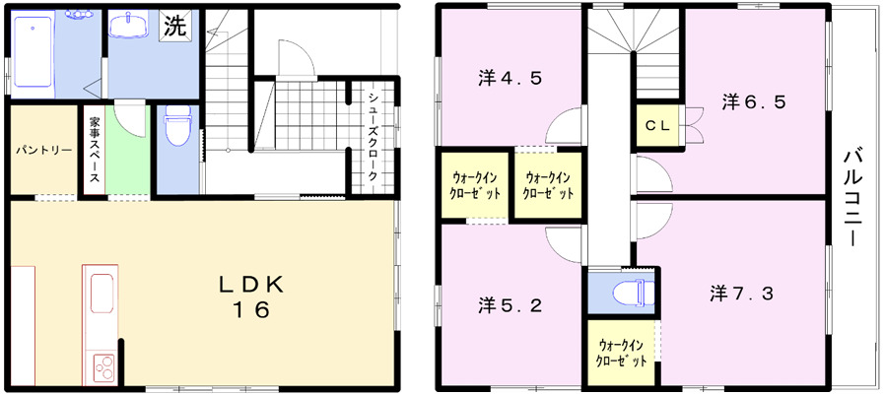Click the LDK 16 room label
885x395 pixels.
pos(250,296)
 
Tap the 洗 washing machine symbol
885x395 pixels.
pos(173,27)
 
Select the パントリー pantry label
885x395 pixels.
pos(43,151)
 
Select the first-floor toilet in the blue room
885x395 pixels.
pos(177,125)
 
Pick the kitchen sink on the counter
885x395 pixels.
pos(102,293)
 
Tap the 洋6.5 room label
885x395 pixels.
pos(753,100)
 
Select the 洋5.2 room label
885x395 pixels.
pos(510,304)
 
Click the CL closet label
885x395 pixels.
pos(658,126)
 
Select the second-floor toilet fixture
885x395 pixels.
pos(630,293)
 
